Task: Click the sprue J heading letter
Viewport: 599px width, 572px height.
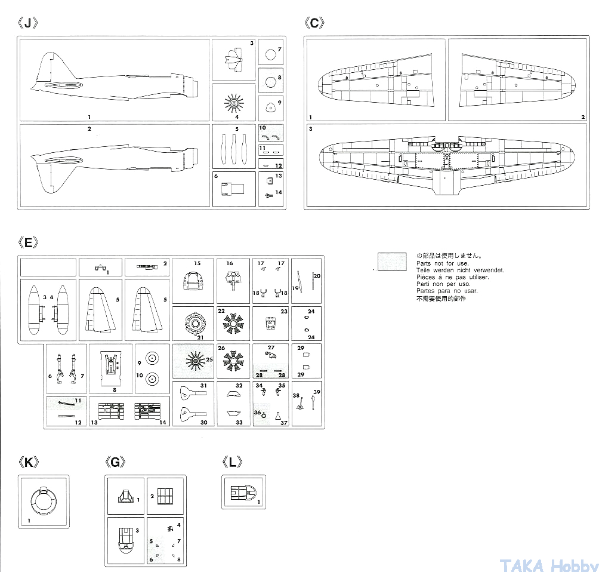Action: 27,23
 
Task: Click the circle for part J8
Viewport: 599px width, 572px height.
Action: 270,82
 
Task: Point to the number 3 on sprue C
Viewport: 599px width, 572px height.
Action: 310,129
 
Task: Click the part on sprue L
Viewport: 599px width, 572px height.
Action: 242,493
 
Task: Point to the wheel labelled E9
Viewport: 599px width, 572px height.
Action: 152,359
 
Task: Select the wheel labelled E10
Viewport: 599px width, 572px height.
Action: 152,377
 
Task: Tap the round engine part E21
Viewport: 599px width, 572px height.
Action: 193,324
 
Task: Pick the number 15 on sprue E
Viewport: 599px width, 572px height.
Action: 197,263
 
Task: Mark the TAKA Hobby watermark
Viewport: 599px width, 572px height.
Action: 548,565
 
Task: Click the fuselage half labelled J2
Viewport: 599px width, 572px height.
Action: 113,162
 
